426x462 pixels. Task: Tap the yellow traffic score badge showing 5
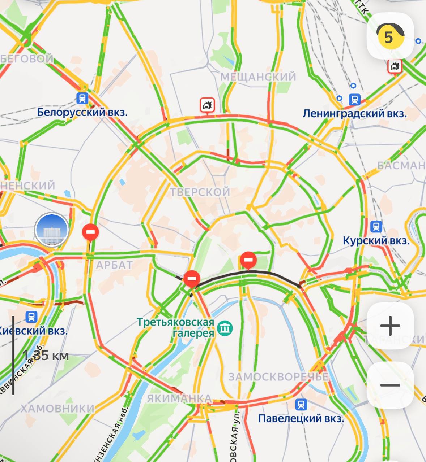coord(390,36)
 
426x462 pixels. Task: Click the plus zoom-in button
coord(390,326)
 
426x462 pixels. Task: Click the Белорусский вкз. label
coord(82,112)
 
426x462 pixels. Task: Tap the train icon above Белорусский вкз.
coord(82,98)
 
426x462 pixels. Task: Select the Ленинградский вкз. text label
coord(354,114)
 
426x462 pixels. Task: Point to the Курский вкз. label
coord(376,240)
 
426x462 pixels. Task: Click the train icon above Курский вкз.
coord(376,227)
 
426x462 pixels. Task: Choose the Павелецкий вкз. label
coord(301,418)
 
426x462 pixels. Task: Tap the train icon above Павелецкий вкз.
coord(301,404)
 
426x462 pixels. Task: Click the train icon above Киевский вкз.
coord(32,317)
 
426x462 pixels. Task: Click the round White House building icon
coord(52,230)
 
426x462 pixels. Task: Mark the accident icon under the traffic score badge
coord(395,66)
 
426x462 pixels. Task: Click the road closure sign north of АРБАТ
coord(90,232)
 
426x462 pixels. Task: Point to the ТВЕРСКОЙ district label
coord(200,192)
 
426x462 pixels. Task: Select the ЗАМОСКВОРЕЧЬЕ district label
coord(278,377)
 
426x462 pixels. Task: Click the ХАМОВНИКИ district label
coord(57,409)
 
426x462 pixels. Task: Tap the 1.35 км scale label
coord(46,356)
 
